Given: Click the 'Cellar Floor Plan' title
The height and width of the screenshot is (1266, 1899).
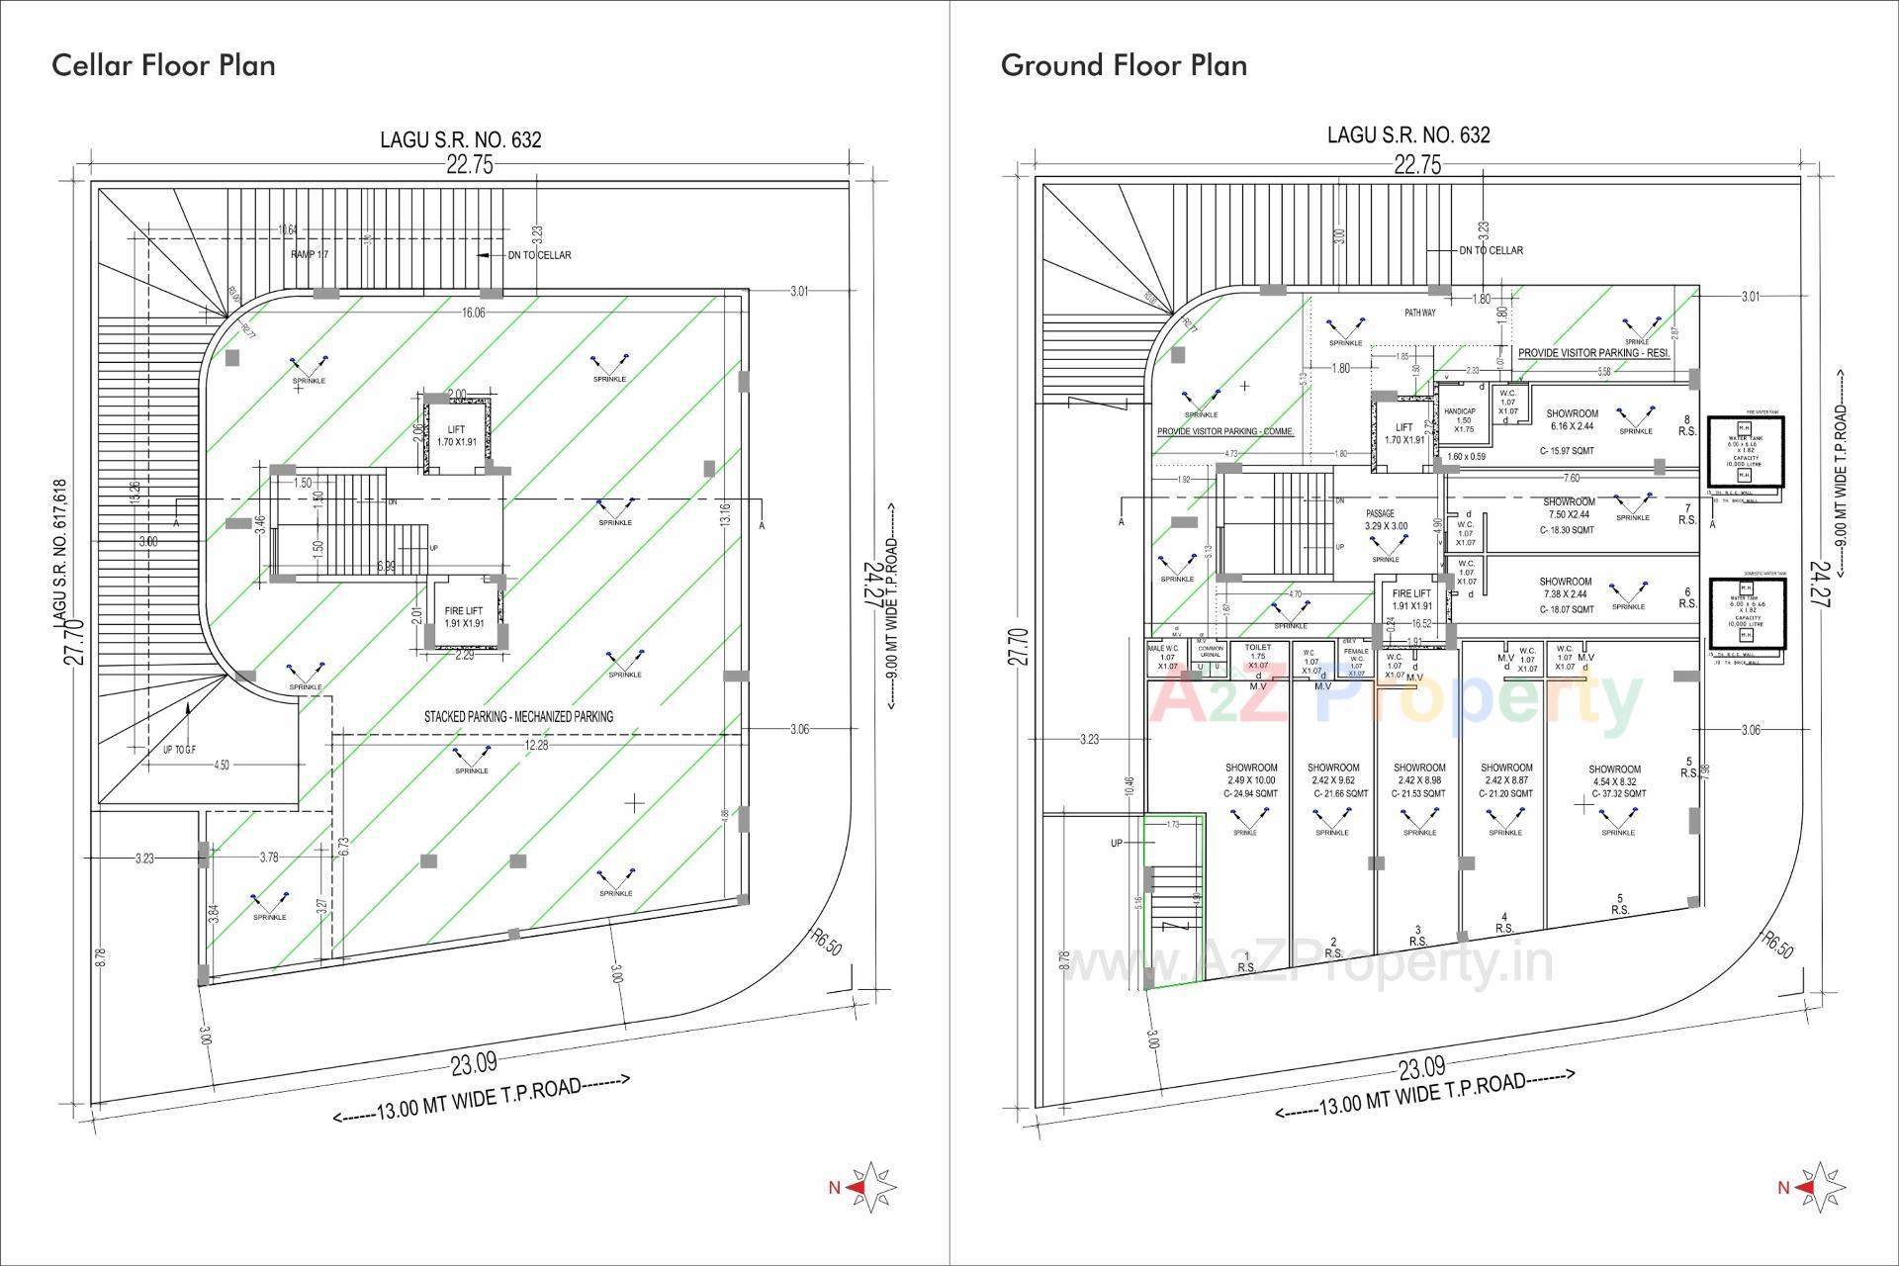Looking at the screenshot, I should coord(163,65).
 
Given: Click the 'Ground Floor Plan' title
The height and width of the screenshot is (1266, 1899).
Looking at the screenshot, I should coord(1124,65).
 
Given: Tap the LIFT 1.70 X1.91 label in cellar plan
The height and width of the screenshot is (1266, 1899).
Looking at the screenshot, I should coord(456,436).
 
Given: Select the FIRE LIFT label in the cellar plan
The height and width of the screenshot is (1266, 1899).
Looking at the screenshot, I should coord(464,617).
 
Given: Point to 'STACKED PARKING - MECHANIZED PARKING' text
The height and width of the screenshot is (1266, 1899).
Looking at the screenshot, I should coord(518,716).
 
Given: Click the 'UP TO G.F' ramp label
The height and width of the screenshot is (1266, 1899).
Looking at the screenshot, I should coord(179,750).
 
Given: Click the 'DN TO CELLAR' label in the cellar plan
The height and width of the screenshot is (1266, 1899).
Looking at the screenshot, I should coord(539,255).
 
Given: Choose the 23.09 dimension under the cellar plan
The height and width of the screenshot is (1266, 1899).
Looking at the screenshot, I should coord(474,1064).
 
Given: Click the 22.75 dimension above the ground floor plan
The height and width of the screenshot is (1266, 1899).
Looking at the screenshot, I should coord(1417,165).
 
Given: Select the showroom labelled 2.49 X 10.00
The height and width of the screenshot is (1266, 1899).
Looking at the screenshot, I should coord(1251,780).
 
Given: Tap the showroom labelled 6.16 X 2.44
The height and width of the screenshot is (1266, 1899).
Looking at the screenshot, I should coord(1572,420).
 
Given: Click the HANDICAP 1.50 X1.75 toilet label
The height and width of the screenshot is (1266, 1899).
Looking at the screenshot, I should coord(1460,420).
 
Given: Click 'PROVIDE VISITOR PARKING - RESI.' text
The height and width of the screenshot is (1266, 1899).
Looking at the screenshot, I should coord(1593,353).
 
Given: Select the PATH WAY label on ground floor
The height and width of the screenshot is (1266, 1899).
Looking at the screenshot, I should coord(1420,313).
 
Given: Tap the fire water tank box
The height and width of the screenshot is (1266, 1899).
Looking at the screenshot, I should coord(1746,450).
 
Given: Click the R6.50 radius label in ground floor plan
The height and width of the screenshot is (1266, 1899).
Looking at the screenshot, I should coord(1777,944).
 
